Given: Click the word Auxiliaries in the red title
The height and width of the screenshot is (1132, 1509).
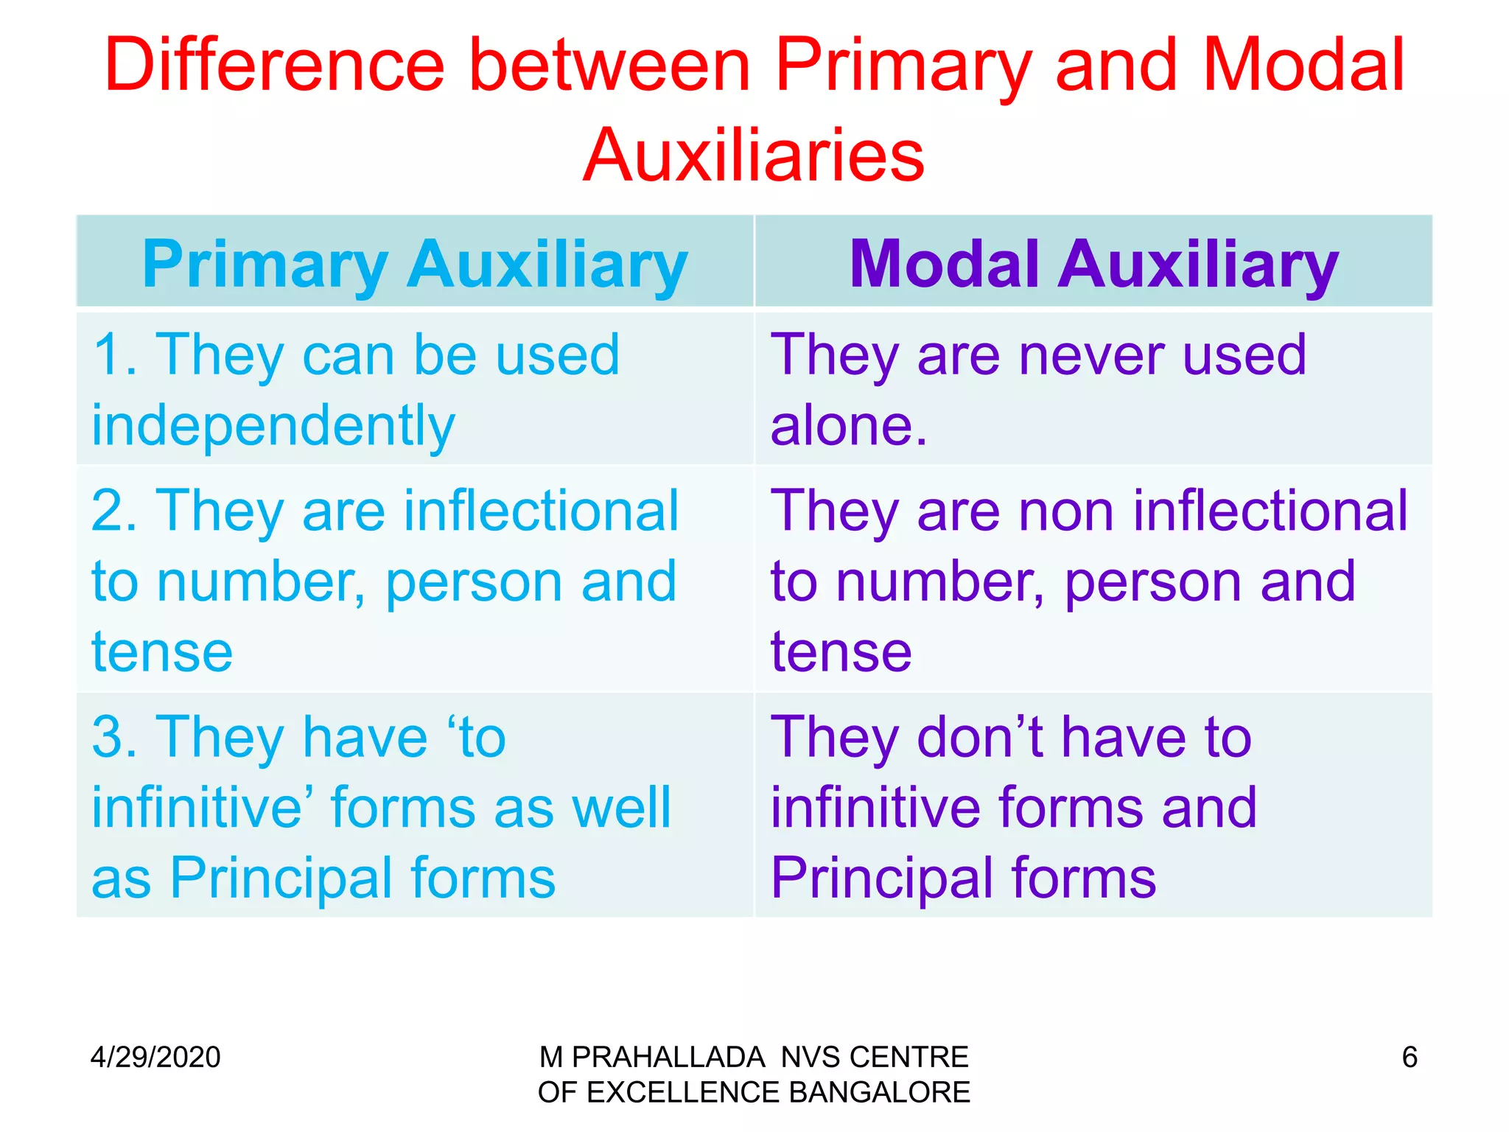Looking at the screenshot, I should [753, 156].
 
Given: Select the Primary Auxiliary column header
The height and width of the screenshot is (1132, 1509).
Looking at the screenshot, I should [415, 265].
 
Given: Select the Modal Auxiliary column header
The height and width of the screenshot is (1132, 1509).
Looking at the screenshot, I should [1093, 265].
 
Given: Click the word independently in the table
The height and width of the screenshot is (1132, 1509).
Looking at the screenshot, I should [273, 427].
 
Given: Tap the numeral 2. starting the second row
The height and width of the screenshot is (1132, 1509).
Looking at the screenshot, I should [114, 511].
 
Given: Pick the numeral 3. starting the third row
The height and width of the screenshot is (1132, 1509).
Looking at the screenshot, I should [114, 737].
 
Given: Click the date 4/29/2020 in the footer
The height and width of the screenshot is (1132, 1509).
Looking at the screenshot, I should [155, 1058].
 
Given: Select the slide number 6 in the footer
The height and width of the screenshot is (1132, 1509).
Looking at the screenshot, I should [1409, 1058].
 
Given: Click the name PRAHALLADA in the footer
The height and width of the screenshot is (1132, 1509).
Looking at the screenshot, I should [668, 1058].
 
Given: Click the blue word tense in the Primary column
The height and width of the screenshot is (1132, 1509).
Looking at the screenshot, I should [162, 653].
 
